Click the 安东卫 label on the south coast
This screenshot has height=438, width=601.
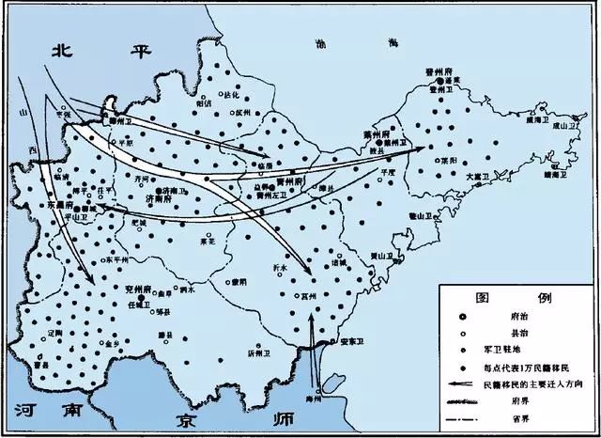click(352, 339)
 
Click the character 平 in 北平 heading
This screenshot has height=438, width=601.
click(144, 52)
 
